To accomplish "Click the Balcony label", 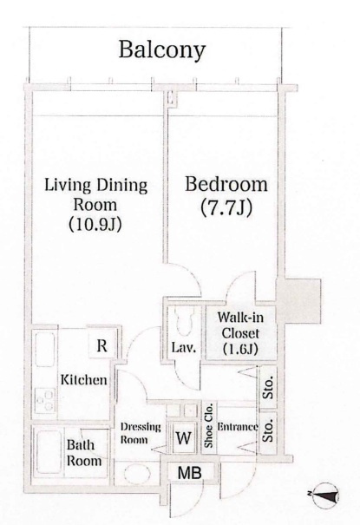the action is click(x=162, y=50).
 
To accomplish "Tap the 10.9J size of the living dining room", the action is click(x=95, y=225).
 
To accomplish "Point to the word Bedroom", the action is click(x=226, y=184).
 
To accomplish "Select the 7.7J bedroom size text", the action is click(x=226, y=208).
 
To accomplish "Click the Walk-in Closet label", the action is click(x=240, y=333).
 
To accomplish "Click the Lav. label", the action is click(x=183, y=348).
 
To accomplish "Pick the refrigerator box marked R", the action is click(x=101, y=345).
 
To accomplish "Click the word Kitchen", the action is click(x=83, y=380).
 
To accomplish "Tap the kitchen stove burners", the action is click(x=45, y=400).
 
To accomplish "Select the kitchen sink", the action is click(x=44, y=350).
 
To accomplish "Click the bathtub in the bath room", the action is click(x=49, y=452).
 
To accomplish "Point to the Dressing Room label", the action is click(x=141, y=433).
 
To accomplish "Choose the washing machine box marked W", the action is click(x=184, y=438).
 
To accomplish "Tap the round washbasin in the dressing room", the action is click(x=137, y=474).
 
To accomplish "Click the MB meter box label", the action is click(x=190, y=473).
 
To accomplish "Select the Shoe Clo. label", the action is click(x=209, y=424).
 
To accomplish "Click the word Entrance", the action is click(x=238, y=427).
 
